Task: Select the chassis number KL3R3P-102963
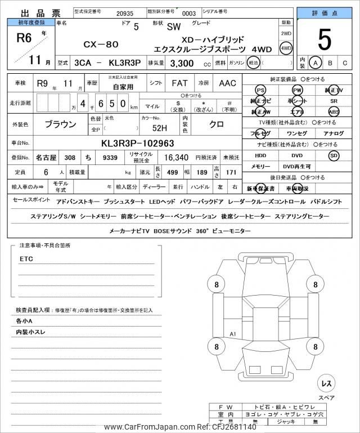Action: click(137, 143)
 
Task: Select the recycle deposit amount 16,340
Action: click(176, 158)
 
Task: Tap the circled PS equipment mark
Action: click(260, 91)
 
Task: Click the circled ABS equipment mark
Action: click(334, 111)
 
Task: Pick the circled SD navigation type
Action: click(334, 155)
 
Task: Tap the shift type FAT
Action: click(179, 83)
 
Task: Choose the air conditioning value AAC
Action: click(227, 83)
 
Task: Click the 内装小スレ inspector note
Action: click(31, 332)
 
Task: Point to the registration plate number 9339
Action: click(111, 158)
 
